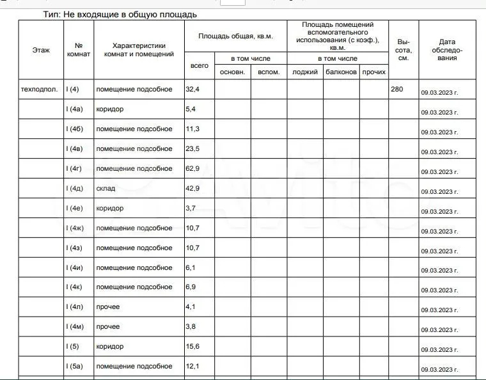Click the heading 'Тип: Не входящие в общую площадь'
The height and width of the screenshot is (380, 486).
[x=120, y=14]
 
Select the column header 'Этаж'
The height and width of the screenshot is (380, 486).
[x=41, y=50]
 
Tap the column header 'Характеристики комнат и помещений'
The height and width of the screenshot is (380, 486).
[x=139, y=50]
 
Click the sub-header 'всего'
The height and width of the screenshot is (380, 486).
[x=200, y=65]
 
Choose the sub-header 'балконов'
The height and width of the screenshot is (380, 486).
[x=341, y=72]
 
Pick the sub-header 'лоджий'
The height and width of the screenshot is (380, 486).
[x=305, y=72]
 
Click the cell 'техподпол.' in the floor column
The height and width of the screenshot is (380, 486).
[x=39, y=89]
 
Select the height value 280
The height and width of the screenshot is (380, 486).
[x=396, y=89]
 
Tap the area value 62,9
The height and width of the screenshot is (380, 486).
[x=192, y=168]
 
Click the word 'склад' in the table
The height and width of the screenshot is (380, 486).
[x=106, y=188]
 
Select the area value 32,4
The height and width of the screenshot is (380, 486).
[x=192, y=89]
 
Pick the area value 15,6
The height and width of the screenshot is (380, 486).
[x=192, y=346]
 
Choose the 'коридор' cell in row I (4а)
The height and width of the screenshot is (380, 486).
[x=110, y=109]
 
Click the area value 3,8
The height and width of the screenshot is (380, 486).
[x=191, y=326]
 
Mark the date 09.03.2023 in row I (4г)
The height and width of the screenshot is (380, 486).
[x=439, y=172]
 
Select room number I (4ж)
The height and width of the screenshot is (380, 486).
[x=75, y=228]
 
